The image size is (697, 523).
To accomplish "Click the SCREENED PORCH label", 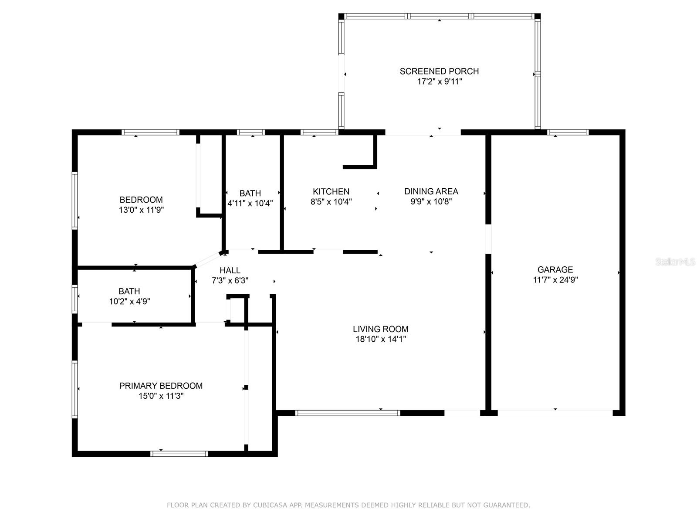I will click(x=439, y=71).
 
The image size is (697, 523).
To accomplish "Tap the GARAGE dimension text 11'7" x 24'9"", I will click(x=555, y=280).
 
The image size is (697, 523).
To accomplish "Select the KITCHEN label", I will click(x=331, y=191).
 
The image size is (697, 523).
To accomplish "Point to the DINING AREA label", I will click(x=431, y=191).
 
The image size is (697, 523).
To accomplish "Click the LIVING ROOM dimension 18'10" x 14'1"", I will click(x=381, y=339).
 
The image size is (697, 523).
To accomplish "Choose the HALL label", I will click(x=230, y=270).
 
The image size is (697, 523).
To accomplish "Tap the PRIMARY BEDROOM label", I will click(x=161, y=386).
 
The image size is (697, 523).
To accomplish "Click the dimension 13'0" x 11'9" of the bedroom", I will click(x=141, y=210).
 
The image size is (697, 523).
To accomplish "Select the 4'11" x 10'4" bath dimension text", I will click(x=250, y=203).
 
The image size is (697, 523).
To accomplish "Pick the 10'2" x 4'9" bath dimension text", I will click(x=129, y=301).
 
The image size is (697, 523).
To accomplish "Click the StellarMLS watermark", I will click(x=675, y=261).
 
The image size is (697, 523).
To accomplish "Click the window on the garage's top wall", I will click(x=568, y=132).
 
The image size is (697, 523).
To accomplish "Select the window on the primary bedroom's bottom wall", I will click(x=179, y=454).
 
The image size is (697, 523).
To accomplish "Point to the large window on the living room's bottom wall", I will click(x=347, y=413).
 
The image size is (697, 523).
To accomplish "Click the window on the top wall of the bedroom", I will click(x=150, y=132).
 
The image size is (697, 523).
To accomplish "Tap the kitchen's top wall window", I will click(x=319, y=132).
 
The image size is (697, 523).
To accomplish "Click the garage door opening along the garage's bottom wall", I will click(x=555, y=413).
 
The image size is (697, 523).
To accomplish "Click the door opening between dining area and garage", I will click(x=488, y=239).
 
